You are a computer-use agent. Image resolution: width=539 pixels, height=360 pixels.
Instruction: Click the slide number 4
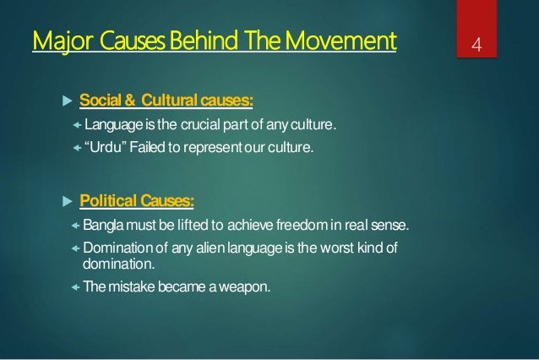(478, 43)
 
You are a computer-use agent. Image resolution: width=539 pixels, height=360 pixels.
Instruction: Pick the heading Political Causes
(136, 202)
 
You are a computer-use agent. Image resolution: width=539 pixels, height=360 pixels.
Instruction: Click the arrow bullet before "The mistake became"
(75, 286)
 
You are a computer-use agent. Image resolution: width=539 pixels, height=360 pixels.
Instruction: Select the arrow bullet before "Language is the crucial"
(75, 128)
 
